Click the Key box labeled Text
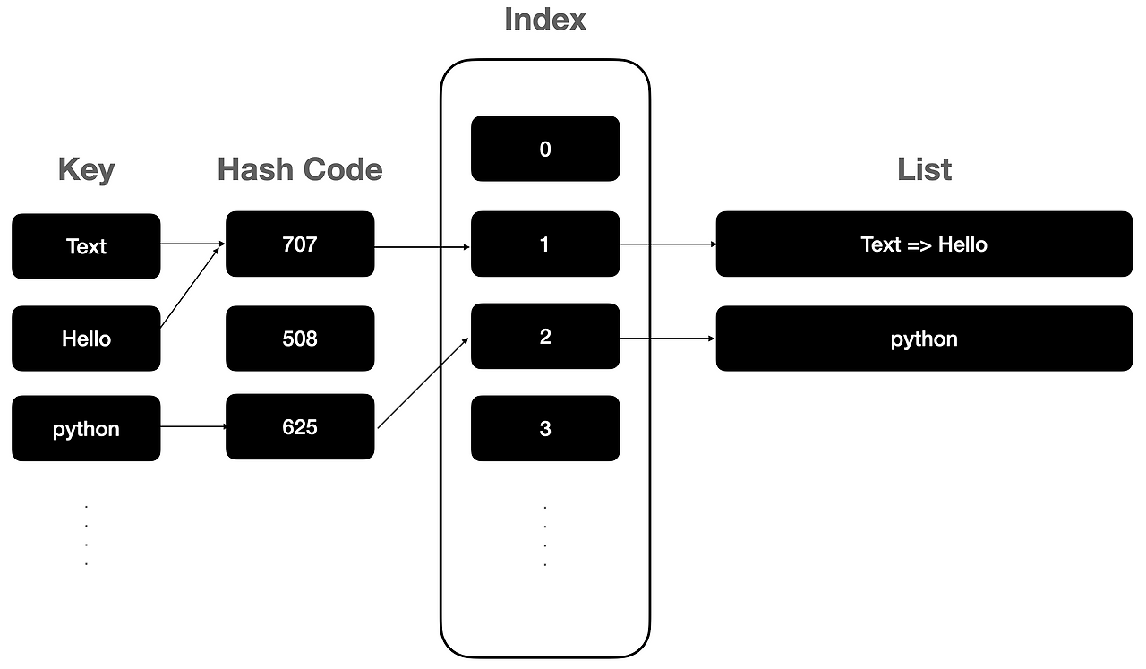(86, 246)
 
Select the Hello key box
(86, 339)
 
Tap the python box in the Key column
(86, 428)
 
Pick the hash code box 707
(300, 244)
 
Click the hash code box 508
(300, 339)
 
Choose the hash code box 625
(300, 426)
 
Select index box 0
(545, 149)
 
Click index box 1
(545, 244)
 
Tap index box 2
(545, 337)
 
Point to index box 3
(545, 428)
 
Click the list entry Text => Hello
(924, 244)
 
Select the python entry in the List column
(924, 339)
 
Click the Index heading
(545, 20)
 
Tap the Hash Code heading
(300, 169)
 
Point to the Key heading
(86, 170)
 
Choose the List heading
(924, 169)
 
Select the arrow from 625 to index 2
(423, 383)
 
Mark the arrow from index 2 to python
(667, 339)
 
